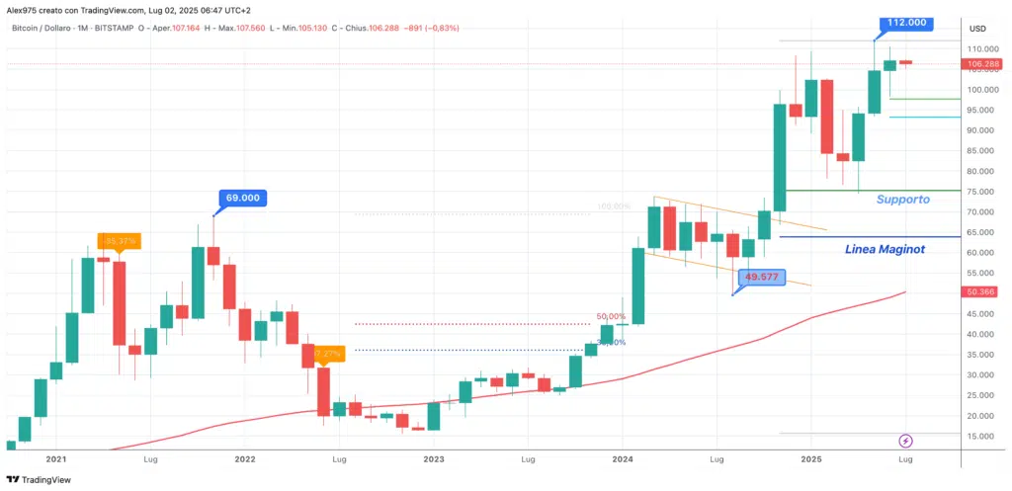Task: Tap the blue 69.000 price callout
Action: click(243, 198)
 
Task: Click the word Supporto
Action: click(903, 200)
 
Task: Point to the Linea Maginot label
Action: click(885, 249)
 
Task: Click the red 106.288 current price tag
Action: click(985, 65)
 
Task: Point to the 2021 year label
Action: click(56, 459)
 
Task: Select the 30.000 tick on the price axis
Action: click(982, 374)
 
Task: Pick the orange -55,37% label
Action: click(120, 240)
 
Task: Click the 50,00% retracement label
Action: click(611, 317)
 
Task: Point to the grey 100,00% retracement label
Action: click(613, 207)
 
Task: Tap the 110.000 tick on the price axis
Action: click(982, 48)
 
